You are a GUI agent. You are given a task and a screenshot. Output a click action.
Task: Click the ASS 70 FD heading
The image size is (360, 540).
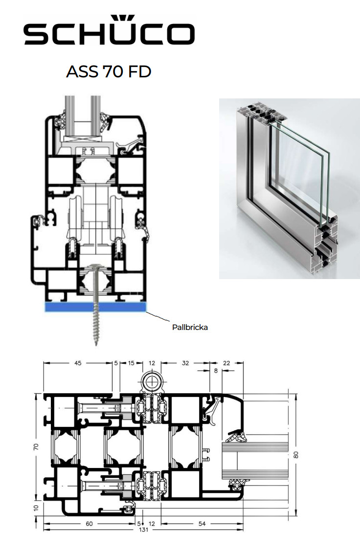(x=109, y=71)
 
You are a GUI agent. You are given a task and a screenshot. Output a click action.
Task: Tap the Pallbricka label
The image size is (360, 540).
(x=190, y=327)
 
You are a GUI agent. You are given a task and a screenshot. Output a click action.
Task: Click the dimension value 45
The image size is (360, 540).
(x=78, y=363)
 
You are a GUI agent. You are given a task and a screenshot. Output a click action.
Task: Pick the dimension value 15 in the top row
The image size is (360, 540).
(x=131, y=363)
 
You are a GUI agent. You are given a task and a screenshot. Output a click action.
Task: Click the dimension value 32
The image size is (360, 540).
(x=185, y=363)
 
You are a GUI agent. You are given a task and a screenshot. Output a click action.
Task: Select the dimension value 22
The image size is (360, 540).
(x=226, y=363)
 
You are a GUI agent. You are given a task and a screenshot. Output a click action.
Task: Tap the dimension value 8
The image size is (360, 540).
(x=216, y=371)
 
